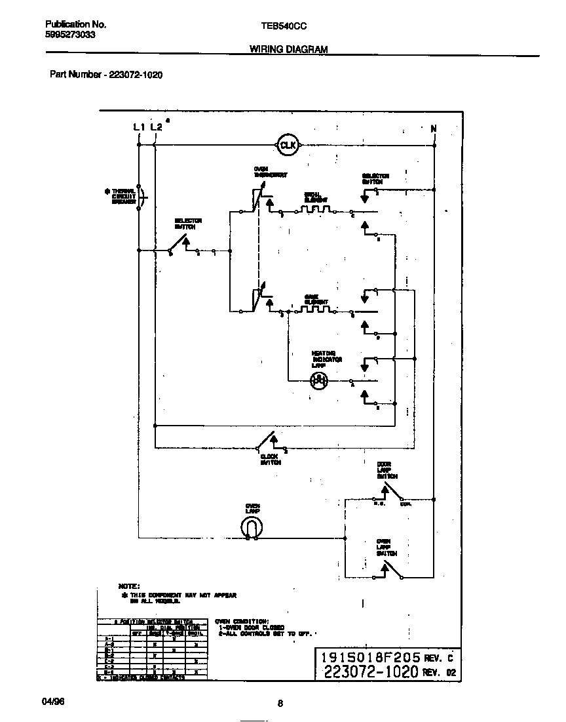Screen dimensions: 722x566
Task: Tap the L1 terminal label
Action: point(138,127)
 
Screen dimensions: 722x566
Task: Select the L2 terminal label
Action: point(155,127)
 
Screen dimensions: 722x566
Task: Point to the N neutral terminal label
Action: point(433,129)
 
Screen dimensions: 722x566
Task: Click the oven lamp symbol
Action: point(252,527)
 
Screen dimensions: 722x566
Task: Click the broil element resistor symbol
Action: point(317,210)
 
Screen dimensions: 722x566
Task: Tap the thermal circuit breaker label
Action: point(123,196)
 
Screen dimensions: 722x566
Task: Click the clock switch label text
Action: point(270,459)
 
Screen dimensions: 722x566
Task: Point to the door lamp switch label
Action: point(387,471)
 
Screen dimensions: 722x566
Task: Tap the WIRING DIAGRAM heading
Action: point(288,49)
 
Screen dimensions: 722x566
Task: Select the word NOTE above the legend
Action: point(128,585)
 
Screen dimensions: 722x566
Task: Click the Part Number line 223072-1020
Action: point(106,75)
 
